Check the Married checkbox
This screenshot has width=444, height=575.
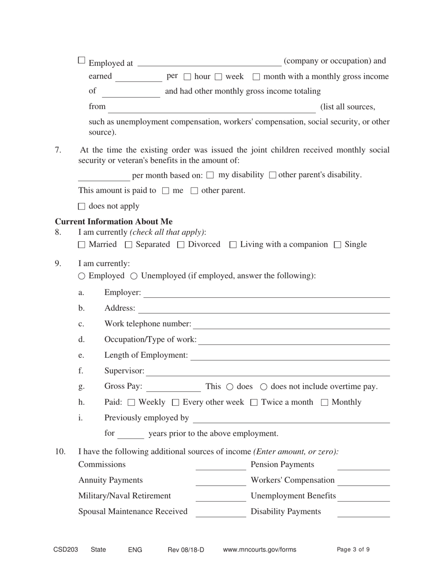tap(82, 244)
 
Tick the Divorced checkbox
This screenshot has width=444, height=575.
tap(181, 244)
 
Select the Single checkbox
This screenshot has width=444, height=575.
tap(337, 244)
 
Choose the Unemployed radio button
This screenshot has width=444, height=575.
tap(134, 276)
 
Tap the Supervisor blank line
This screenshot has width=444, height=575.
tap(268, 372)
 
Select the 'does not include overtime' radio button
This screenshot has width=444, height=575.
tap(264, 387)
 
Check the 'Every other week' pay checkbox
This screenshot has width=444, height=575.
tap(176, 402)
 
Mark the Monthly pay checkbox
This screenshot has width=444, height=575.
tap(325, 402)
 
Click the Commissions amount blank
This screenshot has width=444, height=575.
tap(221, 466)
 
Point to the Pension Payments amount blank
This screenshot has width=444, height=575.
tap(363, 466)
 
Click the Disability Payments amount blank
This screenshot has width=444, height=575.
tap(363, 513)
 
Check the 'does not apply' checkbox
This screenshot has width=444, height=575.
tap(82, 206)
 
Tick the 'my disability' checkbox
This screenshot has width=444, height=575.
tap(210, 175)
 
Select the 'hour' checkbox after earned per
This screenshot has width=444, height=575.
tap(187, 77)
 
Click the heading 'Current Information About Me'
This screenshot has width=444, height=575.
tap(114, 222)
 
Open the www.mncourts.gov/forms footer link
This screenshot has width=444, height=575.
tap(259, 550)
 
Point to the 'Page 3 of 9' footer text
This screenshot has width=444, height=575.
tap(353, 550)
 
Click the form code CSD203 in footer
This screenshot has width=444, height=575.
tap(65, 550)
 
